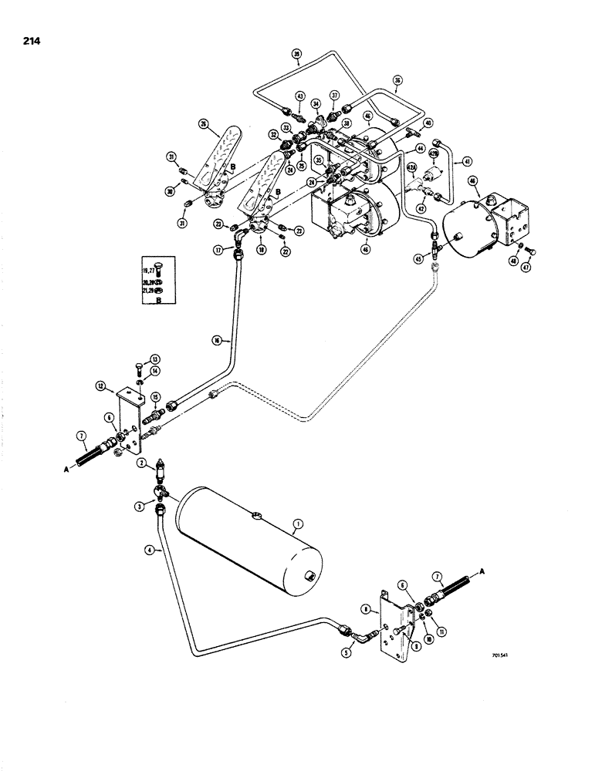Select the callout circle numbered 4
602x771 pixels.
[157, 550]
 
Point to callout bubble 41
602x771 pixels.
[465, 161]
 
